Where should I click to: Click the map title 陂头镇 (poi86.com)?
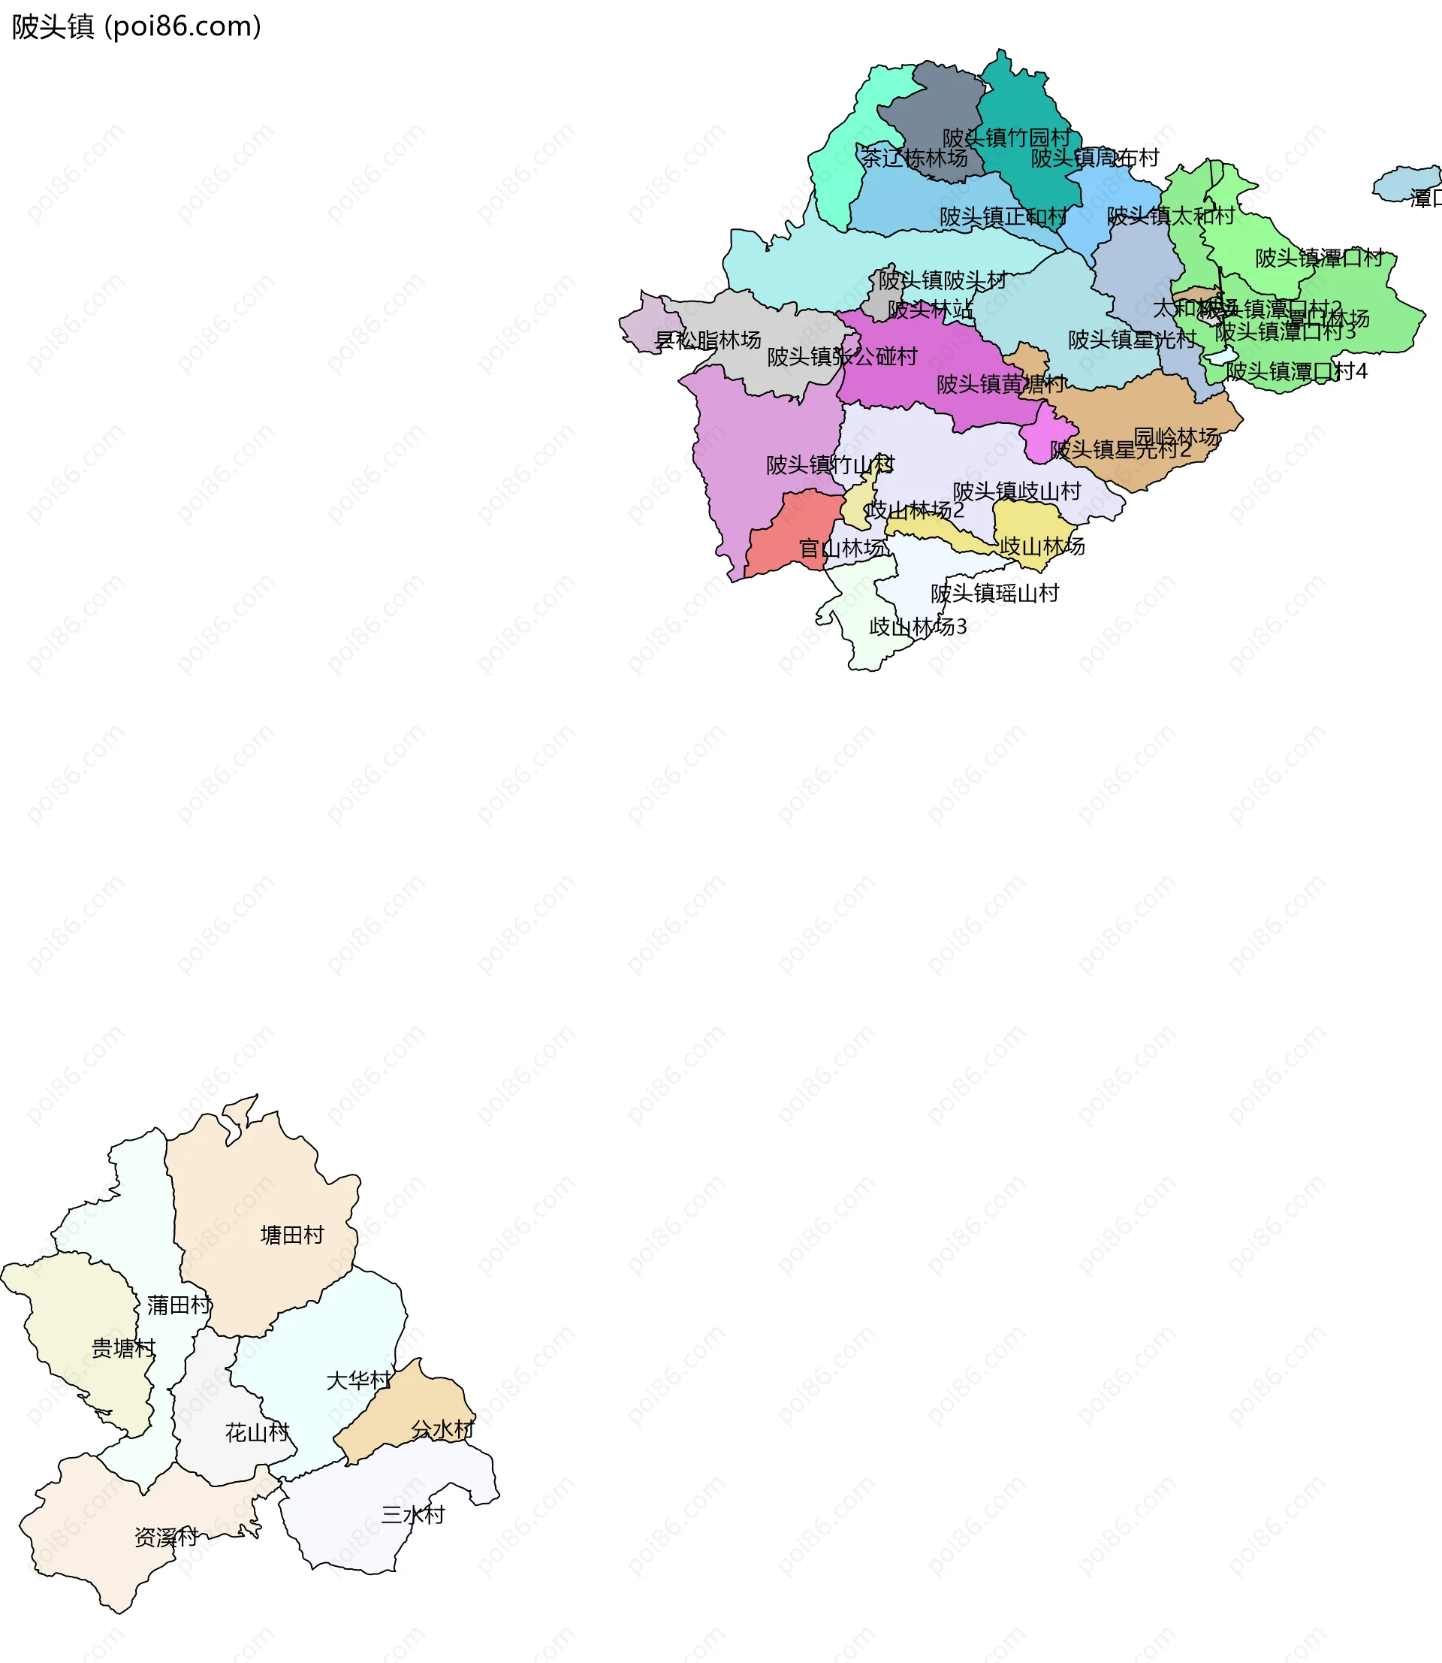coord(137,27)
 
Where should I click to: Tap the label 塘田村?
coord(292,1235)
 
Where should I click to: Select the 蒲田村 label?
coord(179,1305)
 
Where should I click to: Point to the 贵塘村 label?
coord(123,1348)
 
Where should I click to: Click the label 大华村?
coord(358,1380)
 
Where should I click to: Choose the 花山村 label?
coord(257,1433)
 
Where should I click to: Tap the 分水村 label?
coord(442,1429)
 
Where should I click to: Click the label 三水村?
coord(413,1515)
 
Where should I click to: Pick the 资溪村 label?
coord(166,1538)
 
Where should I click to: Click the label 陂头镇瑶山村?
coord(994,593)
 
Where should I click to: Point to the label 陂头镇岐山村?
coord(1016,491)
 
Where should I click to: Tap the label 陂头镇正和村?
coord(1003,216)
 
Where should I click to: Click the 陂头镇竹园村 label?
coord(1006,138)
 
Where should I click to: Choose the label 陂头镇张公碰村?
coord(842,357)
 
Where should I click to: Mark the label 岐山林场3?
coord(918,626)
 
